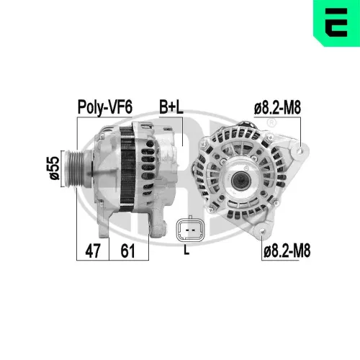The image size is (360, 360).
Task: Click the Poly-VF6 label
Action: tap(104, 107)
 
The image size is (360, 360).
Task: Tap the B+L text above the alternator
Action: tap(171, 107)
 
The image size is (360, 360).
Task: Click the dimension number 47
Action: tap(92, 251)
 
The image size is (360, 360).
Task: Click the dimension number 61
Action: tap(128, 251)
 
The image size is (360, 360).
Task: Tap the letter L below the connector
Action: tap(187, 250)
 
